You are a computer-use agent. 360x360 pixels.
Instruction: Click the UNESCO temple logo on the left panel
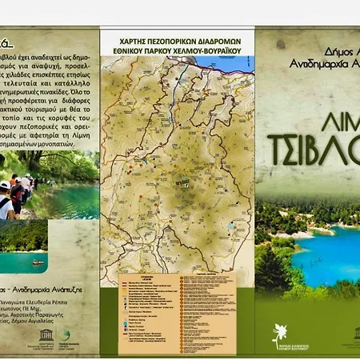pyautogui.click(x=10, y=334)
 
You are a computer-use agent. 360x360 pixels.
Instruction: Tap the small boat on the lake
pyautogui.click(x=38, y=262)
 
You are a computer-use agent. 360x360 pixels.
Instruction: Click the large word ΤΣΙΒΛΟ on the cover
pyautogui.click(x=308, y=144)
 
